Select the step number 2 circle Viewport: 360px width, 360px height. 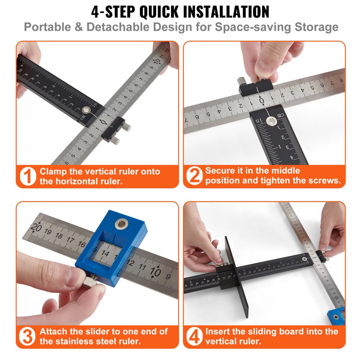pos(194,175)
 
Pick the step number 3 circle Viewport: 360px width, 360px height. pos(28,336)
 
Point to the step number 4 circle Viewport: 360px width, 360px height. pos(194,336)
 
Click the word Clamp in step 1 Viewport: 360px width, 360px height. pos(54,172)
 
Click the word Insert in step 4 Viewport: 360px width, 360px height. pos(218,331)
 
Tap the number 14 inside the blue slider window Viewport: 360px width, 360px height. pos(105,253)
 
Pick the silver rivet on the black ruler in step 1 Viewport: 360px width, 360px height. pos(86,110)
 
